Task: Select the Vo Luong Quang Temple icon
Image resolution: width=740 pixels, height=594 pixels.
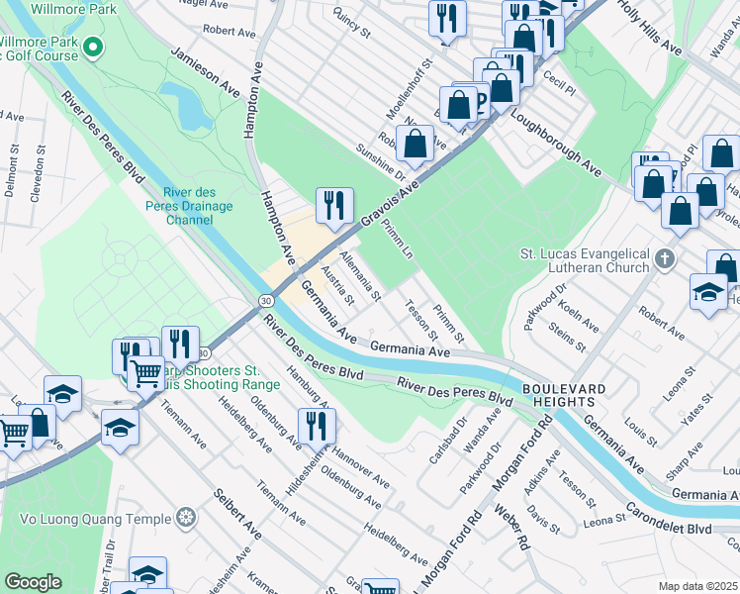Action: tap(185, 518)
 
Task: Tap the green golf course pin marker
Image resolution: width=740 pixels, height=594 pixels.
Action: tap(93, 47)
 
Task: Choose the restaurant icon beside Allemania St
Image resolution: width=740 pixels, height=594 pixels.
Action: tap(334, 205)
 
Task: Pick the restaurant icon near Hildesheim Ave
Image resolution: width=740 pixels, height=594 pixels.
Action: tap(317, 426)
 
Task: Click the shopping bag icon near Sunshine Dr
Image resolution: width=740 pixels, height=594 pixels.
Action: tap(416, 144)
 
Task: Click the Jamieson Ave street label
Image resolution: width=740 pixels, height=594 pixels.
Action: tap(207, 75)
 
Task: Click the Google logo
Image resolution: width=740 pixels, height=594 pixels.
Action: tap(33, 582)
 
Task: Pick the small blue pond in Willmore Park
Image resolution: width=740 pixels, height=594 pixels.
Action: tap(186, 105)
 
